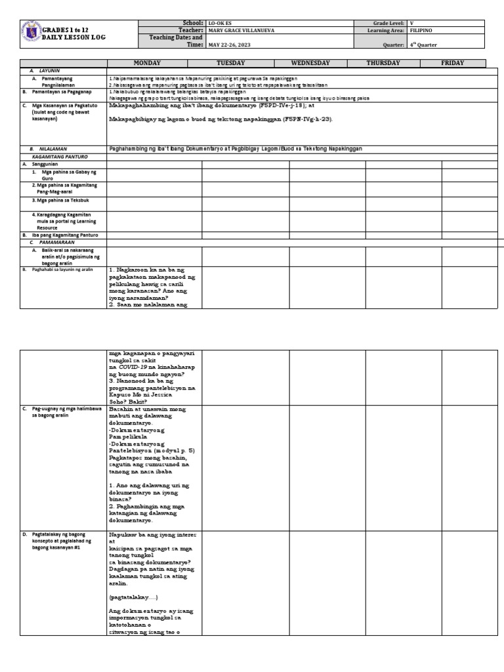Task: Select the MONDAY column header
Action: coord(148,63)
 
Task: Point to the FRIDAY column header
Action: coord(452,63)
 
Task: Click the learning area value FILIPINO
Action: coord(421,30)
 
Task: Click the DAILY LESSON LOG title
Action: coord(73,37)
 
